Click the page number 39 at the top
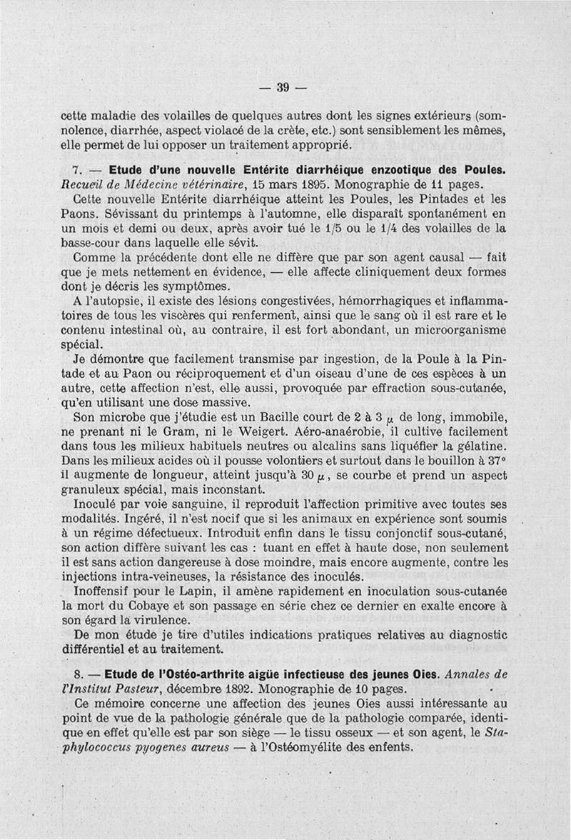(x=282, y=88)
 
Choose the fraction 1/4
(x=387, y=229)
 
